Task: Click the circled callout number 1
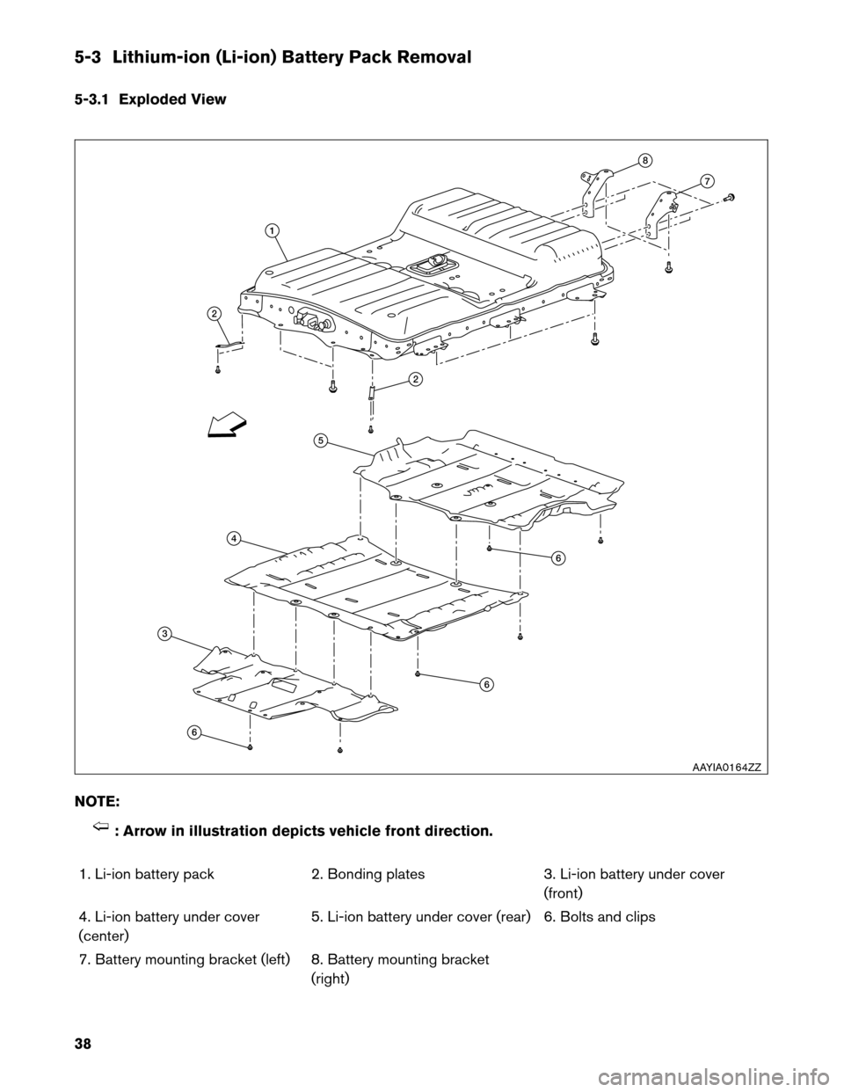pyautogui.click(x=273, y=229)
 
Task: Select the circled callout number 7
pyautogui.click(x=706, y=181)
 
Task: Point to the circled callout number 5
pyautogui.click(x=321, y=439)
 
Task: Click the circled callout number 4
pyautogui.click(x=233, y=537)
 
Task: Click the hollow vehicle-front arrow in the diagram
pyautogui.click(x=226, y=427)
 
